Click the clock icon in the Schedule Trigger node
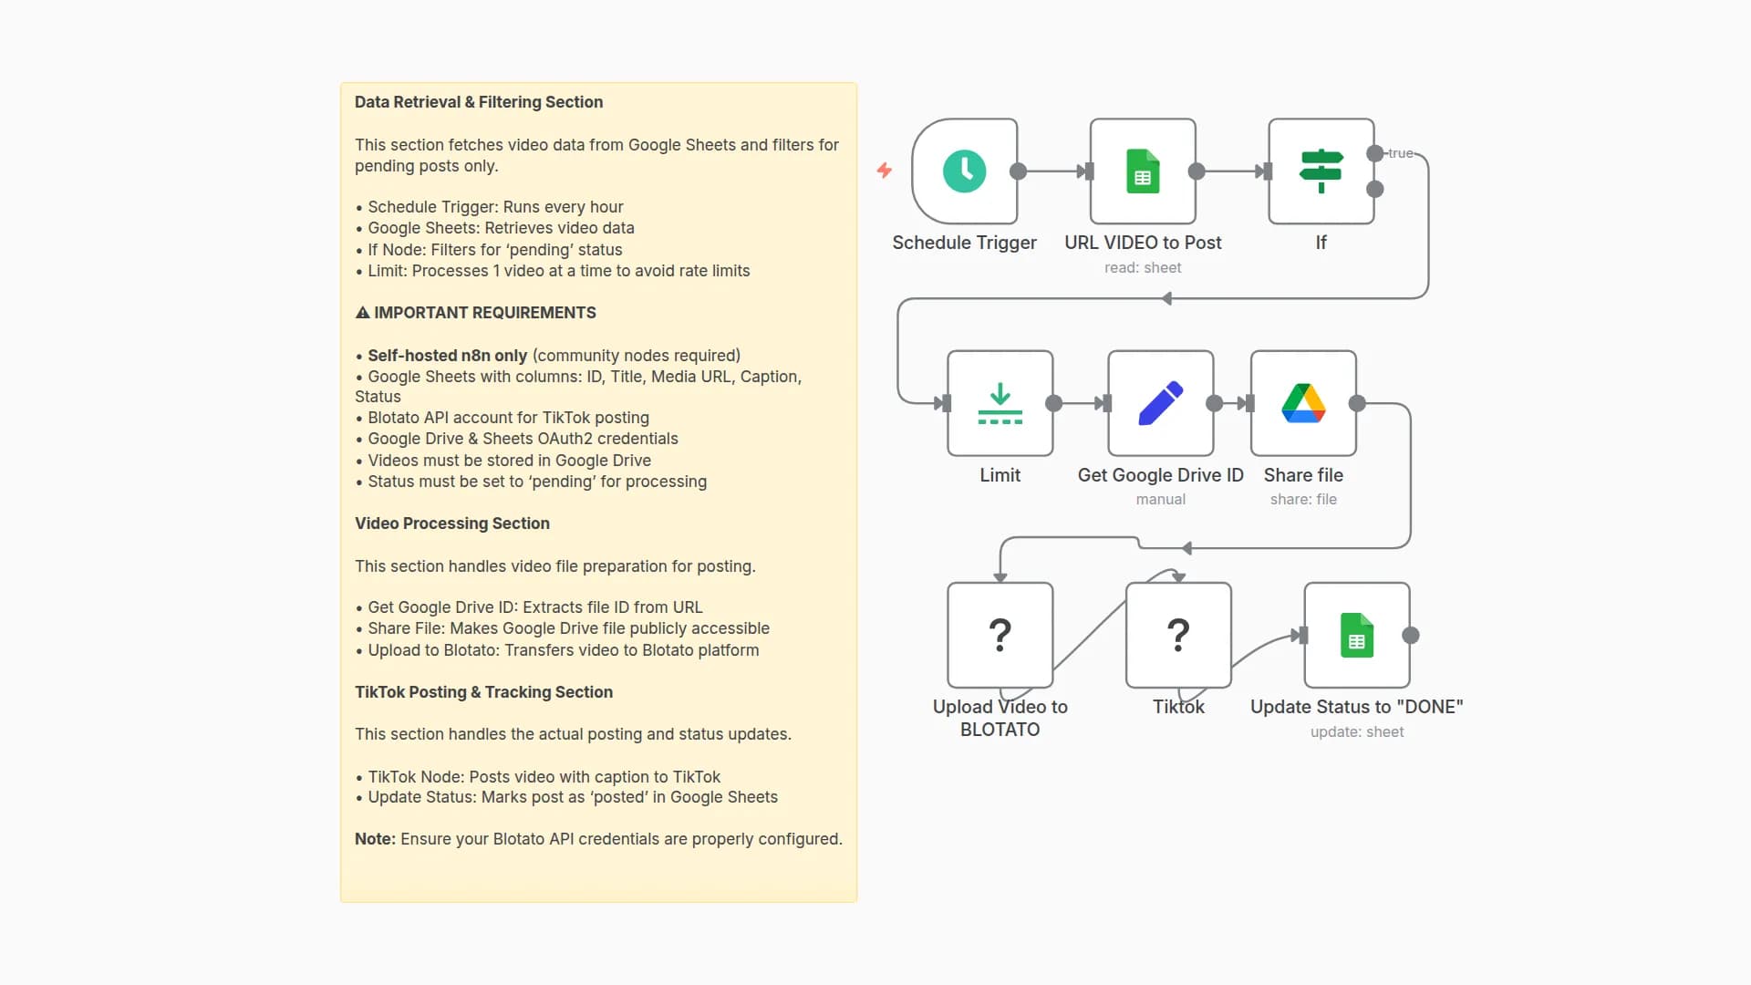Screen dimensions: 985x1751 tap(964, 171)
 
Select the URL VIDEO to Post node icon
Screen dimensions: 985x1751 tap(1143, 171)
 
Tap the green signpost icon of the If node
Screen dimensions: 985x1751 tap(1321, 171)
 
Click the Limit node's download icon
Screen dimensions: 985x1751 tap(1000, 403)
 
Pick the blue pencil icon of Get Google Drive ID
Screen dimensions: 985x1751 tap(1160, 403)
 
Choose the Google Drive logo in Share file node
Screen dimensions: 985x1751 tap(1303, 403)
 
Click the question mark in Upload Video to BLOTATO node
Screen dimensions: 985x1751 tap(1000, 635)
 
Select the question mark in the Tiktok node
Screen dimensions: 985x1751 tap(1178, 635)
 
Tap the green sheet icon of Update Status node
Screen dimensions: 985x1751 tap(1357, 635)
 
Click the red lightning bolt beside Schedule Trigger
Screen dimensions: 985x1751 tap(885, 171)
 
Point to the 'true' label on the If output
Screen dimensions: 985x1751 tap(1400, 153)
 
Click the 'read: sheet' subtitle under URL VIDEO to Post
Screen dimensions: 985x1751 tap(1143, 267)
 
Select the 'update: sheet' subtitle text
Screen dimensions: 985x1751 tap(1357, 731)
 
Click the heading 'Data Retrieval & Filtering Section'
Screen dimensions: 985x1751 tap(479, 102)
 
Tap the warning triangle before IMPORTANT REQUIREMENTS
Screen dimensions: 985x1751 tap(362, 313)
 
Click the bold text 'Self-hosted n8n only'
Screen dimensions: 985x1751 tap(447, 356)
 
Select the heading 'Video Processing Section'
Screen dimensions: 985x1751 tap(452, 524)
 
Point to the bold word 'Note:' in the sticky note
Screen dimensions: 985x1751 tap(375, 839)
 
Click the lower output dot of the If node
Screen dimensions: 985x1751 tap(1375, 190)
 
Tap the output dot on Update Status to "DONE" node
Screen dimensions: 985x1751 tap(1411, 636)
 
